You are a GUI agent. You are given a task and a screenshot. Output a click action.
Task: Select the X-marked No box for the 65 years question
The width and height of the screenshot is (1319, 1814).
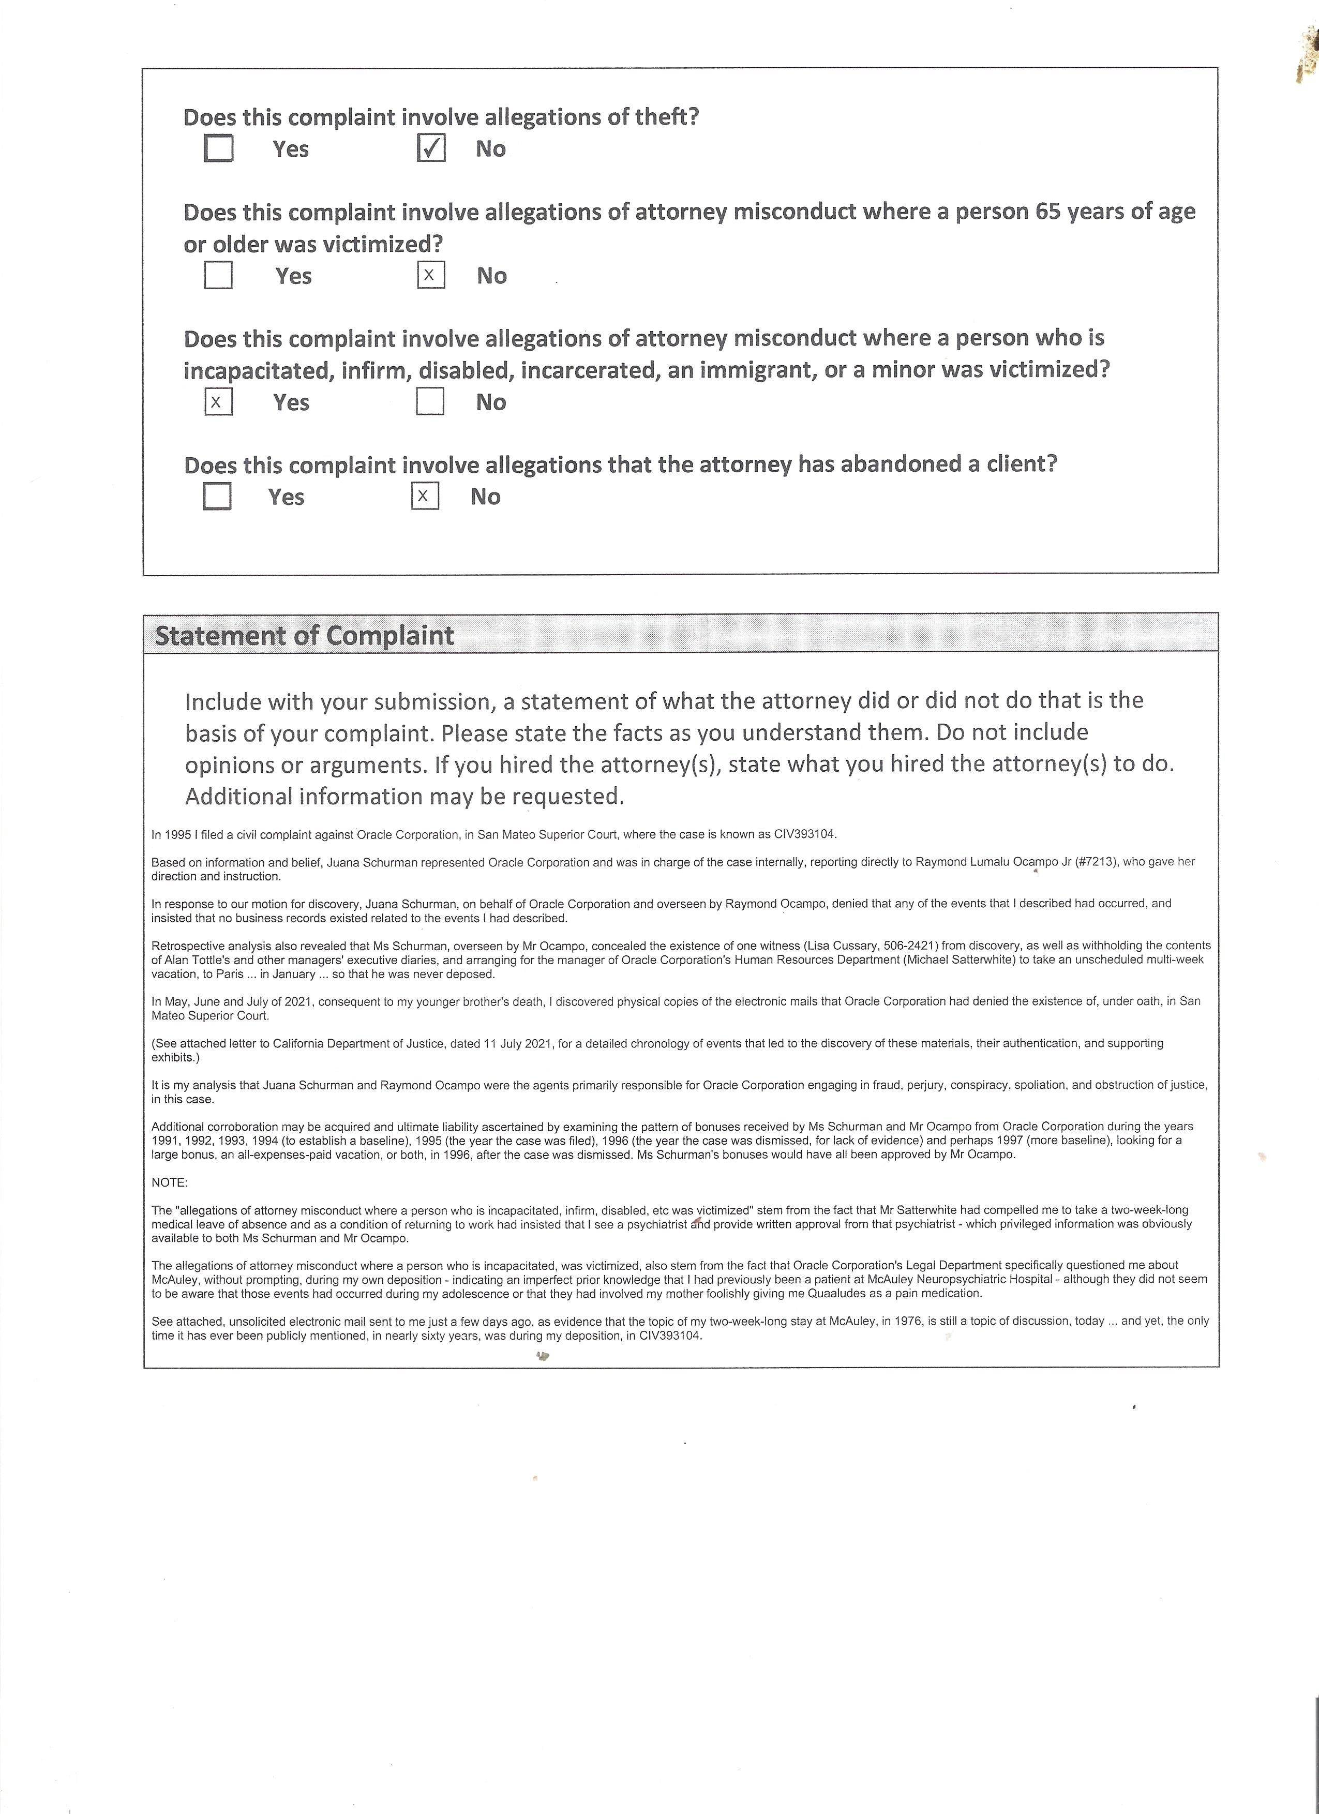pyautogui.click(x=431, y=275)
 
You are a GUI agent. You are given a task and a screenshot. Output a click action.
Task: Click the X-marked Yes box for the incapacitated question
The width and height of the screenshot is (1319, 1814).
pyautogui.click(x=218, y=401)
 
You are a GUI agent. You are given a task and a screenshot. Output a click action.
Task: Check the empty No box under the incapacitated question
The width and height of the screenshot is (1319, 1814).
pyautogui.click(x=430, y=401)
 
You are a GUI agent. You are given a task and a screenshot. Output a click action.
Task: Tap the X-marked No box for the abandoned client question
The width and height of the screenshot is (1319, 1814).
pyautogui.click(x=425, y=496)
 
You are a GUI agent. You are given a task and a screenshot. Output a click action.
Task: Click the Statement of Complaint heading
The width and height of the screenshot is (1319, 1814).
pyautogui.click(x=304, y=636)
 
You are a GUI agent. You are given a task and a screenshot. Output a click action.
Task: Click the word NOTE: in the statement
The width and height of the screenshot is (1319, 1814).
pyautogui.click(x=170, y=1182)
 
